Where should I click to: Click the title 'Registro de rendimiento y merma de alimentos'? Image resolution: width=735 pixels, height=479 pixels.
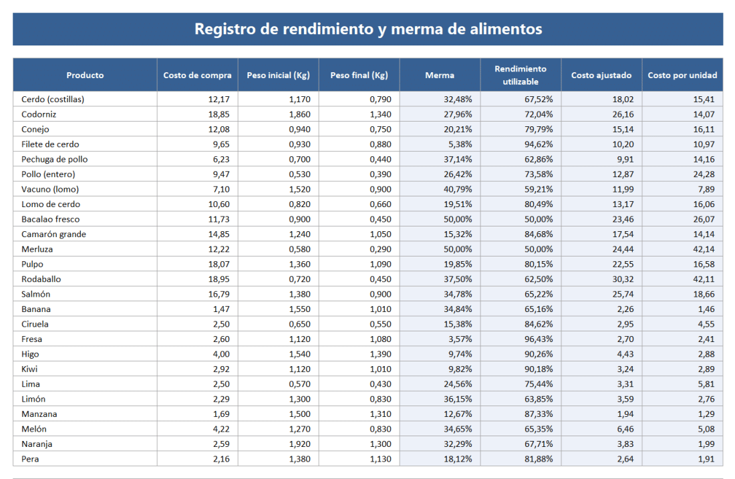click(367, 29)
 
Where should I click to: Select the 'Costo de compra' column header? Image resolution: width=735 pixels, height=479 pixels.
click(197, 75)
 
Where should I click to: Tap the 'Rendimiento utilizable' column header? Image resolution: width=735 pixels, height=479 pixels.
click(521, 75)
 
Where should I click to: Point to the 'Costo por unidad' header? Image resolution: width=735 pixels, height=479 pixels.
click(682, 75)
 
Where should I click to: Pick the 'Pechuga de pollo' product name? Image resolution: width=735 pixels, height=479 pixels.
click(54, 159)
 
